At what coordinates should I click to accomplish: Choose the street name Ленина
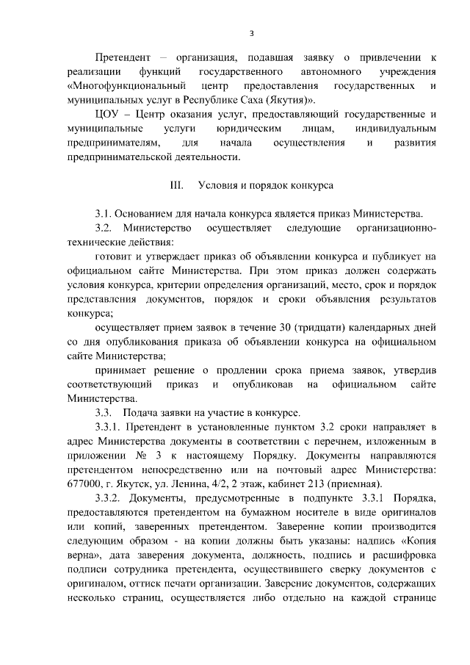[x=190, y=483]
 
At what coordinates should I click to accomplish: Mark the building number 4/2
[x=223, y=483]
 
